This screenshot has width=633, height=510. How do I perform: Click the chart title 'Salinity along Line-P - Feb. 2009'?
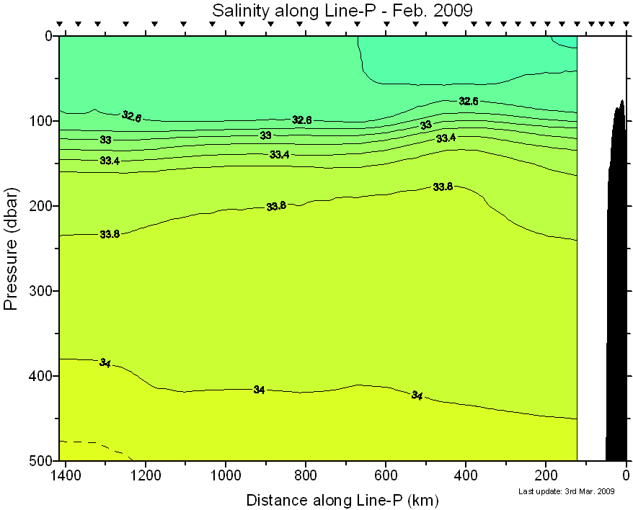(x=342, y=10)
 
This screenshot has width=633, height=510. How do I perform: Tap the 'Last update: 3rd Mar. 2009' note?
(x=566, y=492)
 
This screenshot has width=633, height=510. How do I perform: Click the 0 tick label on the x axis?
(x=626, y=475)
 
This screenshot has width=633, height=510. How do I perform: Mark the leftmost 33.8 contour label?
(x=110, y=234)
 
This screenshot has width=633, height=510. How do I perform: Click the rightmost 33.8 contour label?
(x=443, y=187)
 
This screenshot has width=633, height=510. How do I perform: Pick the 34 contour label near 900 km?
(x=259, y=390)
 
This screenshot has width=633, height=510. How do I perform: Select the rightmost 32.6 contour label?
(x=469, y=102)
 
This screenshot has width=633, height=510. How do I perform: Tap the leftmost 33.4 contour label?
(x=110, y=161)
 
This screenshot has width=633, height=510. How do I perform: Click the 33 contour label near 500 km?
(x=426, y=125)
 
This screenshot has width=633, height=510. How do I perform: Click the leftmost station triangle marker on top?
(x=61, y=24)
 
